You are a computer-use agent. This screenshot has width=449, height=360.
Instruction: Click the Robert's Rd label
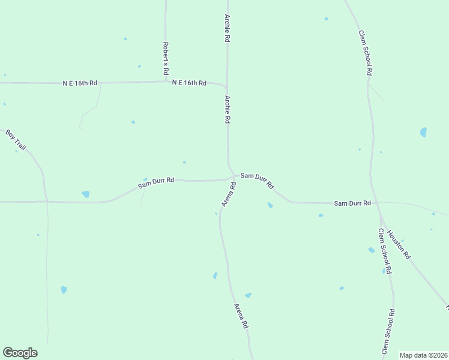click(x=166, y=58)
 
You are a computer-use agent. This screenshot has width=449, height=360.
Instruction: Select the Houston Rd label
click(x=399, y=245)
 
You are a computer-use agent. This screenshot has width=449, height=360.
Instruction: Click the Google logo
click(x=20, y=353)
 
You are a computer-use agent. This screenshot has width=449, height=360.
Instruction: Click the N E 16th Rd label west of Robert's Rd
click(x=80, y=83)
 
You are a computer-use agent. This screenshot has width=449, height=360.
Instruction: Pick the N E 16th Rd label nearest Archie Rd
click(x=189, y=83)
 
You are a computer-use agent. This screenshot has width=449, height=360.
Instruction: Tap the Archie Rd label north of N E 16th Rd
click(x=228, y=28)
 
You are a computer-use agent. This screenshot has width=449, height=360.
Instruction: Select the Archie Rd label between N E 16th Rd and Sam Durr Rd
click(x=228, y=109)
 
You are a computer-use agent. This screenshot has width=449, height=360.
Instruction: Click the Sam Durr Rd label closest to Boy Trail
click(x=155, y=182)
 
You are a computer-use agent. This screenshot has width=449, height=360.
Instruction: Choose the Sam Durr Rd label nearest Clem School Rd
click(x=352, y=203)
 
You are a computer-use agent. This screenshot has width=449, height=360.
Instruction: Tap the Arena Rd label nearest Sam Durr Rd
click(x=229, y=195)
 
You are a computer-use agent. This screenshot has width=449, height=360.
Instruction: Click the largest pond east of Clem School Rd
click(x=423, y=132)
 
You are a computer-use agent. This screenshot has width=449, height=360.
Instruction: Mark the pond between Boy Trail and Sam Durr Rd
click(x=85, y=194)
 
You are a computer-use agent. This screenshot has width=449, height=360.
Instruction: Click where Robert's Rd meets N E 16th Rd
click(x=166, y=82)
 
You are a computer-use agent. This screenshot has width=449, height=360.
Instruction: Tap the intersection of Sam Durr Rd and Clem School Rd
click(x=375, y=202)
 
